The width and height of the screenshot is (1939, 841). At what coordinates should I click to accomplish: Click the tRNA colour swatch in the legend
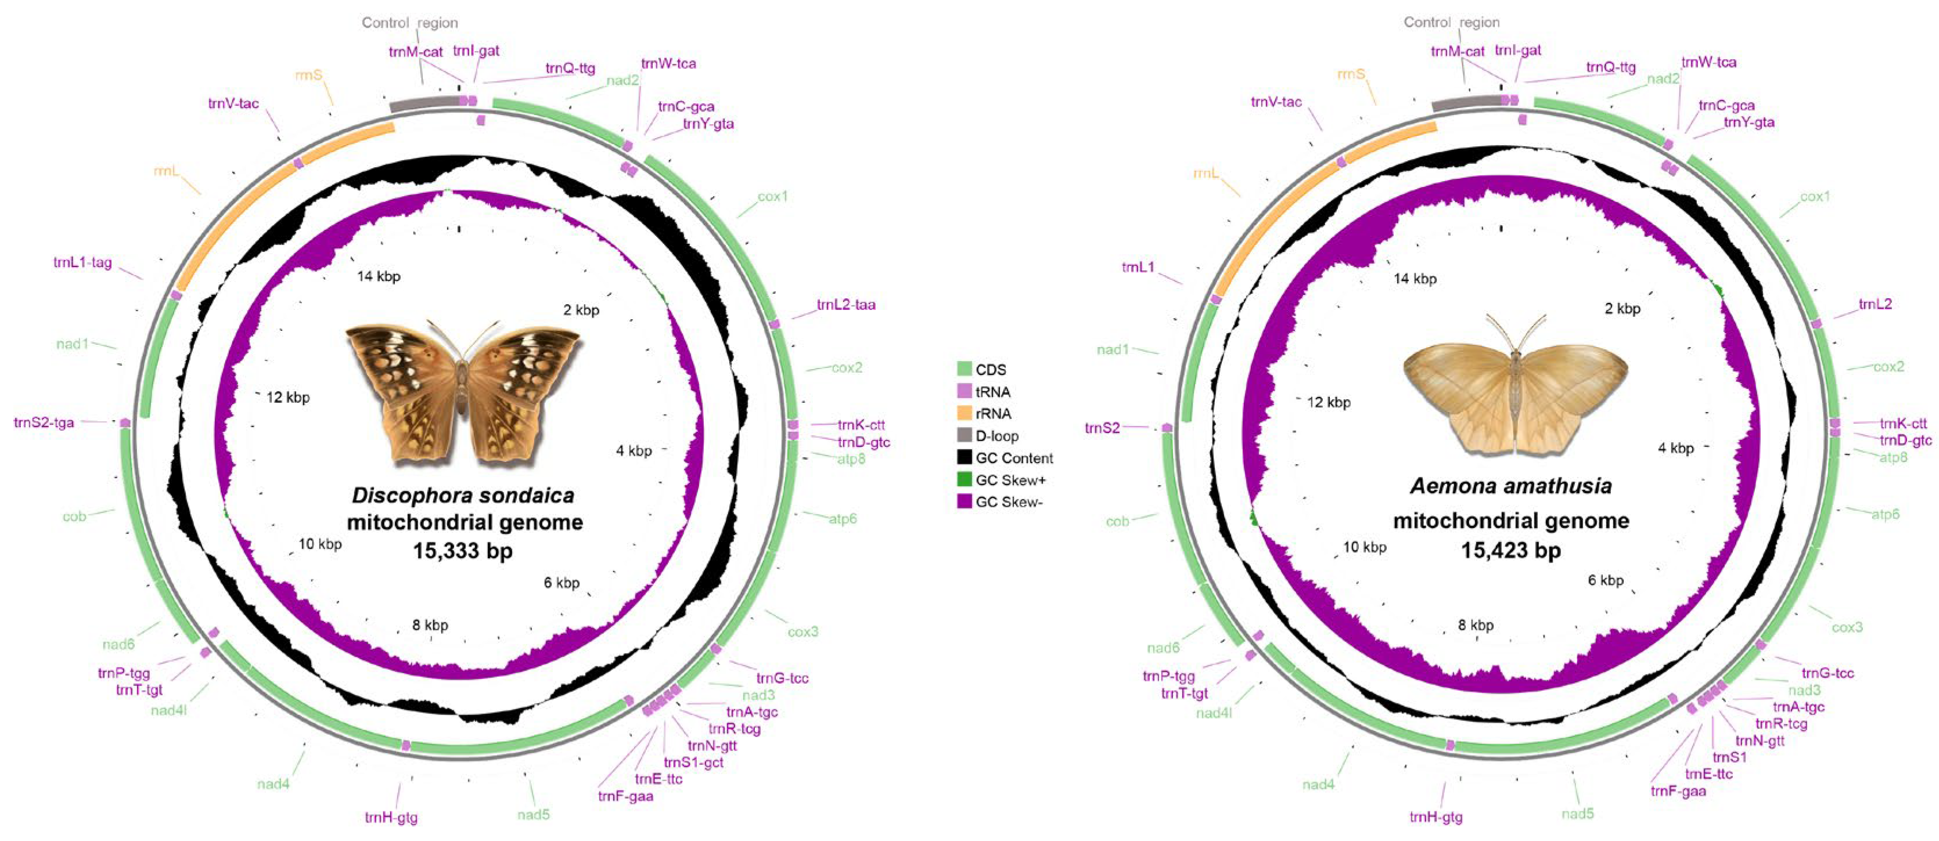click(964, 391)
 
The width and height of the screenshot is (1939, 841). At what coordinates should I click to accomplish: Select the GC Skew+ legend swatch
click(964, 479)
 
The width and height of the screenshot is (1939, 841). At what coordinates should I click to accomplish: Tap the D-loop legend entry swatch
click(964, 435)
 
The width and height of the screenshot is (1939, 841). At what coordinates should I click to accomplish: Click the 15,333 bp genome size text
click(462, 551)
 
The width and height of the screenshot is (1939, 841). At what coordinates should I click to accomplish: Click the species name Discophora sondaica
click(463, 496)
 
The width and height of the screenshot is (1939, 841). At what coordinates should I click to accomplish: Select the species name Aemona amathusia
click(1510, 486)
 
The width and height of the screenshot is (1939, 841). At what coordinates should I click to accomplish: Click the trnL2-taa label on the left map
click(846, 305)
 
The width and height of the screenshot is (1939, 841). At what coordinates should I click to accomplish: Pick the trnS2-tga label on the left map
click(44, 423)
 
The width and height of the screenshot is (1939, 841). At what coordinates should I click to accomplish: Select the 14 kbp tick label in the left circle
click(379, 277)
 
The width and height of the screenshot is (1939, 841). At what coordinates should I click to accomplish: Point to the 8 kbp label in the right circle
click(1476, 625)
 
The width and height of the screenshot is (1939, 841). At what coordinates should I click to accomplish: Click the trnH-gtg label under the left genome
click(391, 817)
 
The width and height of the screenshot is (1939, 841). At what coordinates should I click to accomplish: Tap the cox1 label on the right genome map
click(1815, 196)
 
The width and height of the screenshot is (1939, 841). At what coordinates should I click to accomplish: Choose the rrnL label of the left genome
click(166, 172)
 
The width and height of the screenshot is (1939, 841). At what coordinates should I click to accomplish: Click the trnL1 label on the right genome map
click(1138, 267)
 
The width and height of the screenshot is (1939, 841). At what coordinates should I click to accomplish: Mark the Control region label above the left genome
click(409, 23)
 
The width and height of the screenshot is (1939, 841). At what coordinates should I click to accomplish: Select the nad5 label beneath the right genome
click(1577, 814)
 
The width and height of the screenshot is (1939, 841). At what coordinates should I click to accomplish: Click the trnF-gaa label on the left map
click(625, 796)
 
